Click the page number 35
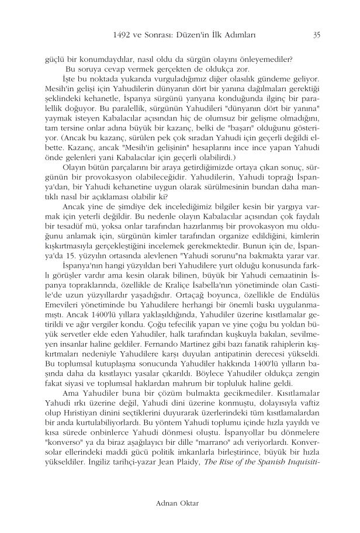point(316,34)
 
